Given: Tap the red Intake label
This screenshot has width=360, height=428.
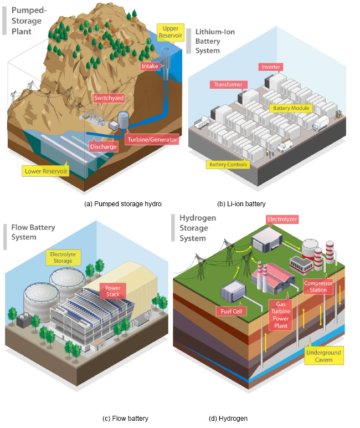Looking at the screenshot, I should pos(150,66).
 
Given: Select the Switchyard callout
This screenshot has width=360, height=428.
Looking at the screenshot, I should pos(109,98).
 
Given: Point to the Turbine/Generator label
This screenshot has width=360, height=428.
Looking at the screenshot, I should pos(152,140).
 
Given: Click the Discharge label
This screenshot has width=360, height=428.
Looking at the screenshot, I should pos(104,146).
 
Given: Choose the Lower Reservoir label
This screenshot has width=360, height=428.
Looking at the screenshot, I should pos(46,171).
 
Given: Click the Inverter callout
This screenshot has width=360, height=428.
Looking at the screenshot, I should pos(270,67).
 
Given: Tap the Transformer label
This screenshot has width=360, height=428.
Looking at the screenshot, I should pos(228,85).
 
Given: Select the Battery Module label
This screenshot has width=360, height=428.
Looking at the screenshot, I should pos(291,108).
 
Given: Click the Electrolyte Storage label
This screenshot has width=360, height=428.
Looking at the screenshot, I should pos(63,257).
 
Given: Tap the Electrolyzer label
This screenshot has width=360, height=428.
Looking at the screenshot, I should pos(282,220).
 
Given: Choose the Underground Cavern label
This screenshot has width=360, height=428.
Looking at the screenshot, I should pos(323,356).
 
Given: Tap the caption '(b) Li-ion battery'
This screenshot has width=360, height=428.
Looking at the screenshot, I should pos(242,204).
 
